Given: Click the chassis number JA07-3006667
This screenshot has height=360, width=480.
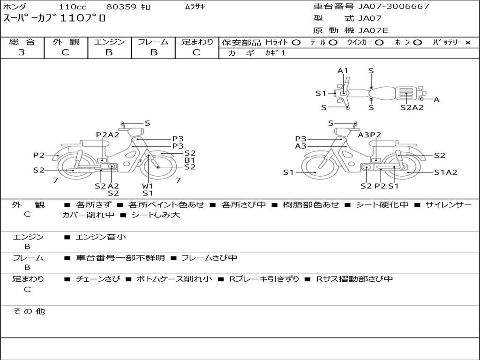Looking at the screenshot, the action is click(x=394, y=6).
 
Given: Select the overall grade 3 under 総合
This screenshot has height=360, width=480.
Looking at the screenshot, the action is click(x=22, y=52).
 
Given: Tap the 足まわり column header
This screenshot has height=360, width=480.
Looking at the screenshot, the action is click(x=197, y=42).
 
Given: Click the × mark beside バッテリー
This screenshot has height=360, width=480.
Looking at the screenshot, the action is click(x=468, y=43).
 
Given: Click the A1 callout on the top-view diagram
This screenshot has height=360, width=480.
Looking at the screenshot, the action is click(x=343, y=71).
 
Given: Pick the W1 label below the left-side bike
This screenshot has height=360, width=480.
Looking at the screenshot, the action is click(x=147, y=186).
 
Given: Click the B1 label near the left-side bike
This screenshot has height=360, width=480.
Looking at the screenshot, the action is click(x=189, y=160).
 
